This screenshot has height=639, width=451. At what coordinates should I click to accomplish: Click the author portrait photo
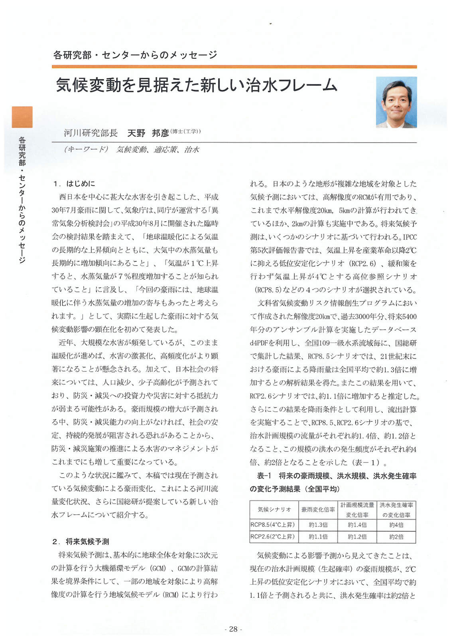396,102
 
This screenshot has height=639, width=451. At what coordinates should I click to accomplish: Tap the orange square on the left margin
22,117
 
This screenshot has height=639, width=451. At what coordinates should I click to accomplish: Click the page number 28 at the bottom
233,629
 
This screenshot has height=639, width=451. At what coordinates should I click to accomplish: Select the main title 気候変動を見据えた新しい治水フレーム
197,85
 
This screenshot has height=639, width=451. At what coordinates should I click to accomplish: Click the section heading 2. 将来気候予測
81,542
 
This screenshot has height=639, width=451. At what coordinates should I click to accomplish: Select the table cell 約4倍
396,525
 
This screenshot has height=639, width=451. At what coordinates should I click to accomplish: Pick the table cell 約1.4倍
357,525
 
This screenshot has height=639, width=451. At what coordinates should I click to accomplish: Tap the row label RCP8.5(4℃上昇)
273,525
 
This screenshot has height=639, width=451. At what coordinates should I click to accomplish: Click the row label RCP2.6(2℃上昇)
273,537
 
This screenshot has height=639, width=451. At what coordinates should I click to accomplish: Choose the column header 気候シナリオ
274,510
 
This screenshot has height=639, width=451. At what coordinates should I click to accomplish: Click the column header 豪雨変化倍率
318,510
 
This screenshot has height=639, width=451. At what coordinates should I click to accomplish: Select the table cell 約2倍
396,537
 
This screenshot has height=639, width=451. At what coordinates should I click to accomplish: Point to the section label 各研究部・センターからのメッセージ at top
135,55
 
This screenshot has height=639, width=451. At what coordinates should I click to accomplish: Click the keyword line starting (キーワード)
132,150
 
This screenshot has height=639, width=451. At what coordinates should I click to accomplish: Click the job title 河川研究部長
91,133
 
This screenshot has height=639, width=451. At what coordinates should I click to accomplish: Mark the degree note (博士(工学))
185,131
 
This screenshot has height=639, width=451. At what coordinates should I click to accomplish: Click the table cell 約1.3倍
318,525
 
